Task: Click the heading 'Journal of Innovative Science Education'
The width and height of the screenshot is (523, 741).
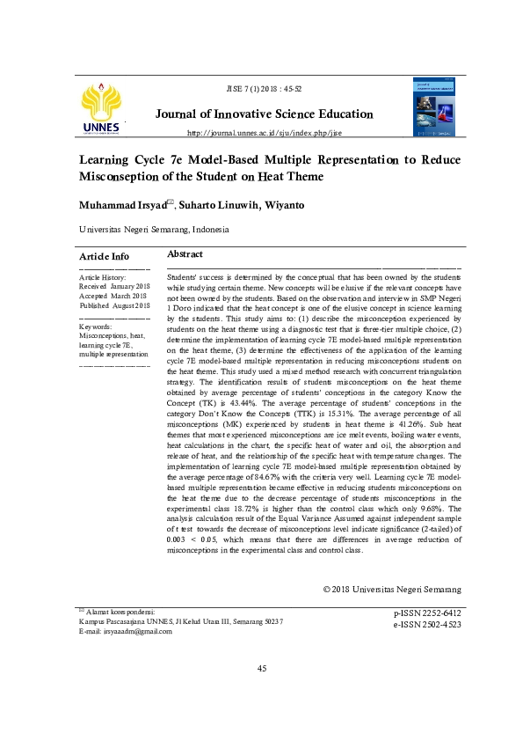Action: [x=264, y=114]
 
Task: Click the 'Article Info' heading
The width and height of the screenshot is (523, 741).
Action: [x=104, y=255]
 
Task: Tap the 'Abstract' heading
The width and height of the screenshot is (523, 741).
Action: [x=185, y=253]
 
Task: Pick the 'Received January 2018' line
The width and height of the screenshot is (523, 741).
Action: [x=113, y=287]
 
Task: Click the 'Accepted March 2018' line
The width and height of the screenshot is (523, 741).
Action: [x=113, y=297]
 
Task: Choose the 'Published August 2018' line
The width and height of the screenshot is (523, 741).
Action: [x=114, y=306]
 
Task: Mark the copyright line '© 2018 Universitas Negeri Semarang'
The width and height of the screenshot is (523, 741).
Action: [x=391, y=589]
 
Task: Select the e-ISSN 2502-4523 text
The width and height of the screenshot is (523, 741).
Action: [x=427, y=624]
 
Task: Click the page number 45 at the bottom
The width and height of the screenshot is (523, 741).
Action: [x=262, y=670]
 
